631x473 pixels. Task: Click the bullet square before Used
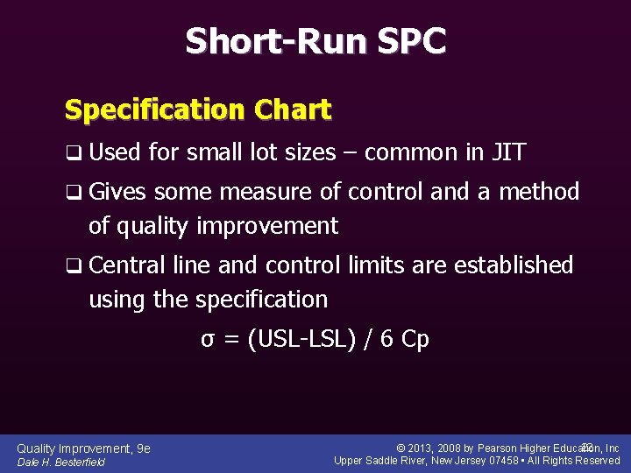(72, 154)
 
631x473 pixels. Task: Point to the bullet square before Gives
(72, 193)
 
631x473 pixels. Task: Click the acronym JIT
(508, 153)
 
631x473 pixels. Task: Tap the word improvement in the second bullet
(267, 226)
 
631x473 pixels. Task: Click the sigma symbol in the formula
(208, 340)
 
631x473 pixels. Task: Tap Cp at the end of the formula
(415, 340)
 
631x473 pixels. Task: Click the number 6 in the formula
(386, 339)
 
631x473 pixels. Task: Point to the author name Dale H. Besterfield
(61, 462)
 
